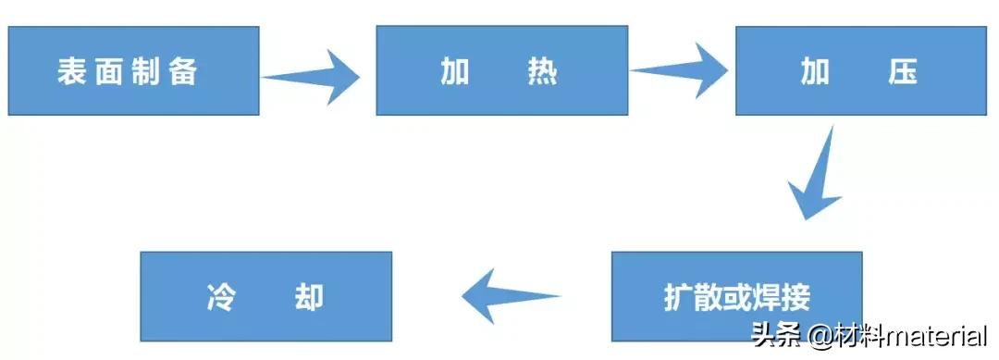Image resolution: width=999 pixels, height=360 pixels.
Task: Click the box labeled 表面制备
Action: point(133,70)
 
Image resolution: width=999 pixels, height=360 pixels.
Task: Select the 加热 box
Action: point(501,70)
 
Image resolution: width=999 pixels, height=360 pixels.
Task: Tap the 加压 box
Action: point(863,70)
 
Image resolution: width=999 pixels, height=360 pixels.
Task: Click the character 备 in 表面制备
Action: point(183,72)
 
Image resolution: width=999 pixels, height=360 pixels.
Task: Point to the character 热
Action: point(543,72)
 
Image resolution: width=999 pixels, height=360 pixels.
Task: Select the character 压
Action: point(902,72)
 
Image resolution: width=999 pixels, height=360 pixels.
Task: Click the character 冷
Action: point(218,297)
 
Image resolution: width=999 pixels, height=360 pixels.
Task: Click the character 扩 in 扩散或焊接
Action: point(678,297)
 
